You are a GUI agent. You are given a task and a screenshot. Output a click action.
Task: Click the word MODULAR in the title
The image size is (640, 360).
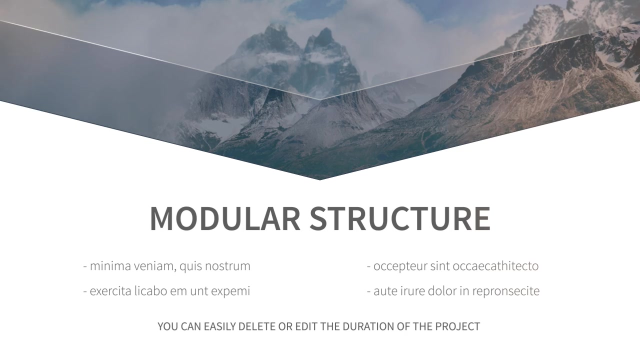pyautogui.click(x=225, y=218)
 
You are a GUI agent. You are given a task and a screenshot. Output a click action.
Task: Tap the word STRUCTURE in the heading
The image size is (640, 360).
pyautogui.click(x=400, y=218)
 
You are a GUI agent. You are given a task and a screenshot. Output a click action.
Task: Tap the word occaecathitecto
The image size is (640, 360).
pyautogui.click(x=495, y=266)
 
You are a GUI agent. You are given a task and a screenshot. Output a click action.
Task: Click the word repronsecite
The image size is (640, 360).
pyautogui.click(x=505, y=291)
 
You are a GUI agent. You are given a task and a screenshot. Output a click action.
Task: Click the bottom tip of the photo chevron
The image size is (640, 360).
pyautogui.click(x=319, y=180)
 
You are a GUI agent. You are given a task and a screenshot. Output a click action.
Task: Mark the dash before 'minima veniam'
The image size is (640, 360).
pyautogui.click(x=85, y=267)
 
